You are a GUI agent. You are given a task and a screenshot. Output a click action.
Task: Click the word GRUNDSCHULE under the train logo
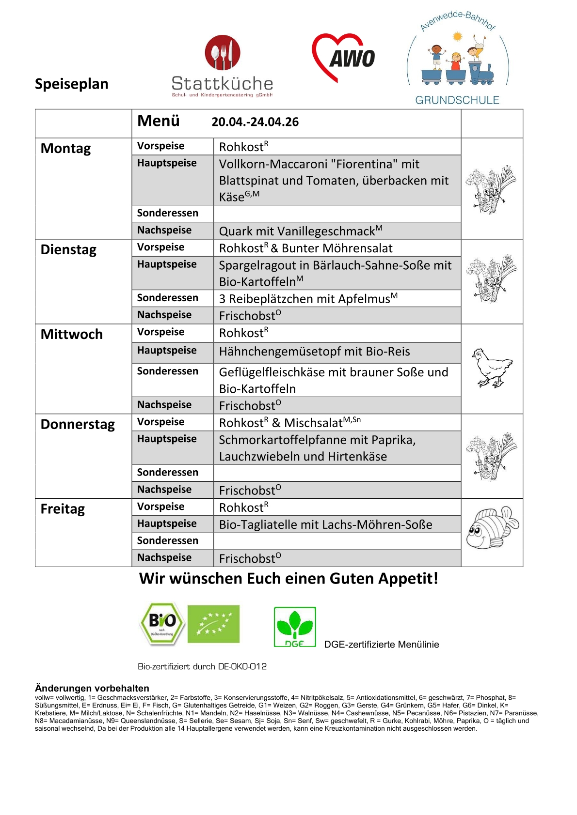pos(457,100)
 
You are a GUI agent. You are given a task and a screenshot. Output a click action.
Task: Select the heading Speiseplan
pos(72,84)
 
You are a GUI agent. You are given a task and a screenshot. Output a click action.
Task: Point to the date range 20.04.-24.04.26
pos(255,122)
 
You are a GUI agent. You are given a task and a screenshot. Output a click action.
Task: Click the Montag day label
pos(65,148)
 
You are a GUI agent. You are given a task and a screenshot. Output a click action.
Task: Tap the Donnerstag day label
pos(78,424)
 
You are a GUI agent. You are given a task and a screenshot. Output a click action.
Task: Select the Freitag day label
pos(63,509)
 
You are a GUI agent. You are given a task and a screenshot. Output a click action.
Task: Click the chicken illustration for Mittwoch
pos(492,368)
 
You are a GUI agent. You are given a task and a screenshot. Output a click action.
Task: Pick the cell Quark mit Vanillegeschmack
pos(301,231)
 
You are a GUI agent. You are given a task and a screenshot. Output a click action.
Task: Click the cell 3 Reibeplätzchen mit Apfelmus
pos(308,298)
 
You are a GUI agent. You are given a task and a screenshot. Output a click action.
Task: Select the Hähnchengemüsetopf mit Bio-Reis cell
pos(314,352)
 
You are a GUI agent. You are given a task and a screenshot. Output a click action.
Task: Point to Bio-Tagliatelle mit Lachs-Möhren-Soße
pos(325,524)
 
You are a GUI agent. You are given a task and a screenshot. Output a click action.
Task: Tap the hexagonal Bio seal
pos(162,624)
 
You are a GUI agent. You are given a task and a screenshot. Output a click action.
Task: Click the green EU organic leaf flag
pos(213,624)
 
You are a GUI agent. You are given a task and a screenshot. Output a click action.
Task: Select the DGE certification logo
pos(295,627)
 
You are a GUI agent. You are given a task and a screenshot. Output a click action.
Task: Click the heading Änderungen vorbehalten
pos(92,688)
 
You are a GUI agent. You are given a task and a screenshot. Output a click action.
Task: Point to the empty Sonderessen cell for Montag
pos(337,214)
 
